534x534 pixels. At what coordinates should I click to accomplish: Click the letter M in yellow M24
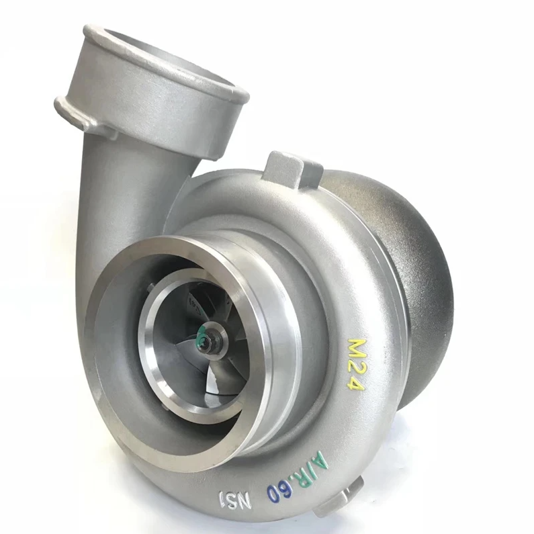[x=357, y=349]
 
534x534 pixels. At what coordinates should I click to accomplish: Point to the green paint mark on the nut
[x=203, y=335]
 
